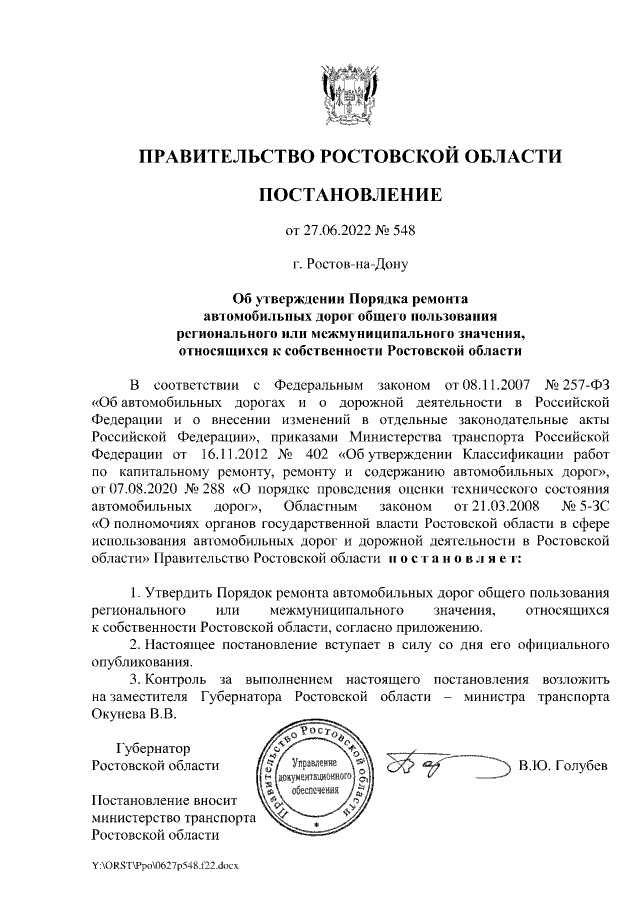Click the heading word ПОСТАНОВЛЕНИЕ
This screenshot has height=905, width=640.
349,194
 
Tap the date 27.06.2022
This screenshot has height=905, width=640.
342,231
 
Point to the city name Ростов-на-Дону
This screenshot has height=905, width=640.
357,265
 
